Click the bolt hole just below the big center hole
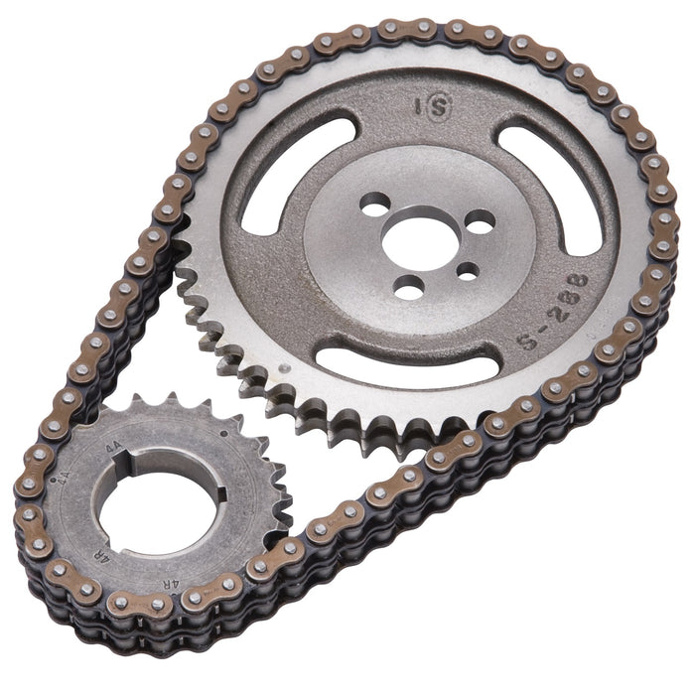[408, 287]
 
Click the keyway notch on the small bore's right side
[219, 493]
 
